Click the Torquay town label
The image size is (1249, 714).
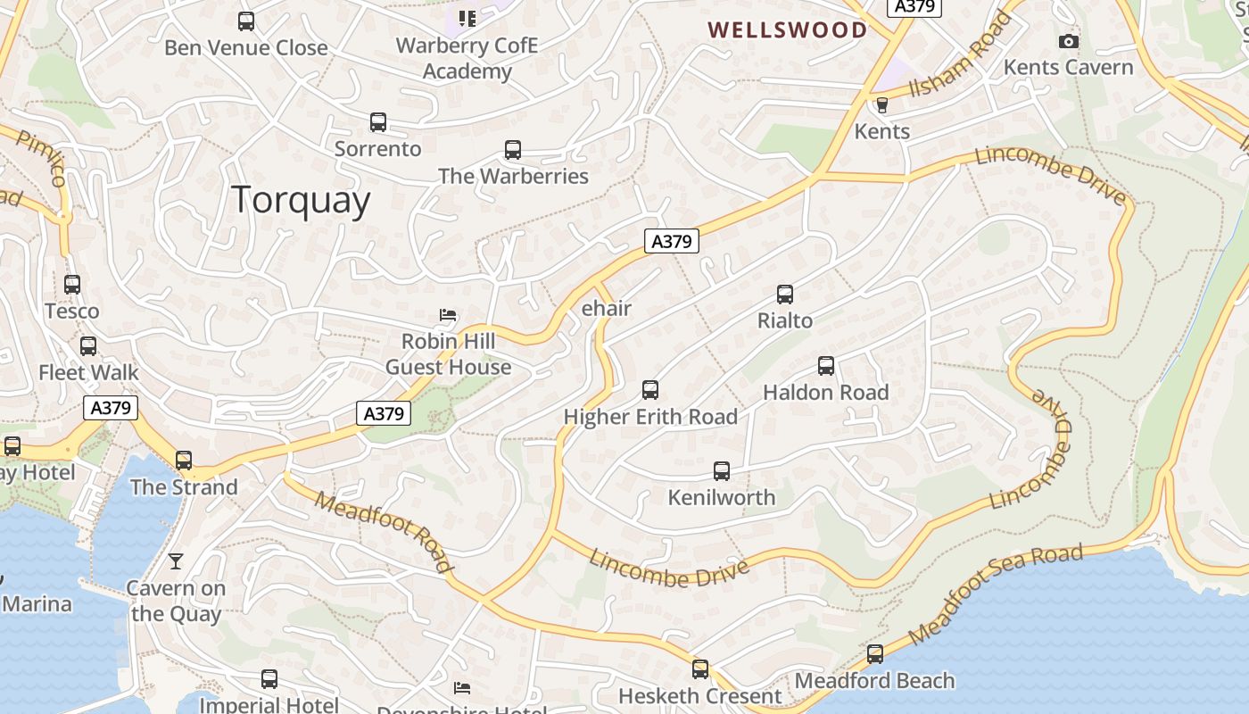point(301,200)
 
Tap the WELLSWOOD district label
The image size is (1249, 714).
point(787,30)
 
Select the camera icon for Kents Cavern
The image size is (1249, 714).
point(1068,41)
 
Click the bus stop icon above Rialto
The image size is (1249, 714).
point(785,294)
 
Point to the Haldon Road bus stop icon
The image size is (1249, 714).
point(826,365)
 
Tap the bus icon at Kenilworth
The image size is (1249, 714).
point(722,470)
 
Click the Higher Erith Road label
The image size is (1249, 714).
point(650,417)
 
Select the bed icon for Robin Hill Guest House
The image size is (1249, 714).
point(449,314)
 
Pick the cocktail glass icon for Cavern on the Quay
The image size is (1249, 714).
point(176,560)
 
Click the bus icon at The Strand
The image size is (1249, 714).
point(184,461)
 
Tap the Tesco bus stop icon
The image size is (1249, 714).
point(72,285)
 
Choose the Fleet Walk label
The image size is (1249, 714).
point(88,372)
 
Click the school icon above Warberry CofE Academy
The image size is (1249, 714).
point(467,18)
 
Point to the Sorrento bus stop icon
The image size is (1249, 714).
point(378,121)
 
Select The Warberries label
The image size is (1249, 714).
point(513,176)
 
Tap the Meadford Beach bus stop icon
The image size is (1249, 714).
point(875,654)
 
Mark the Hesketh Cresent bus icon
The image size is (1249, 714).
point(700,668)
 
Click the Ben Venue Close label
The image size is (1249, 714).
point(246,47)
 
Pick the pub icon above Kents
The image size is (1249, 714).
point(882,104)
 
